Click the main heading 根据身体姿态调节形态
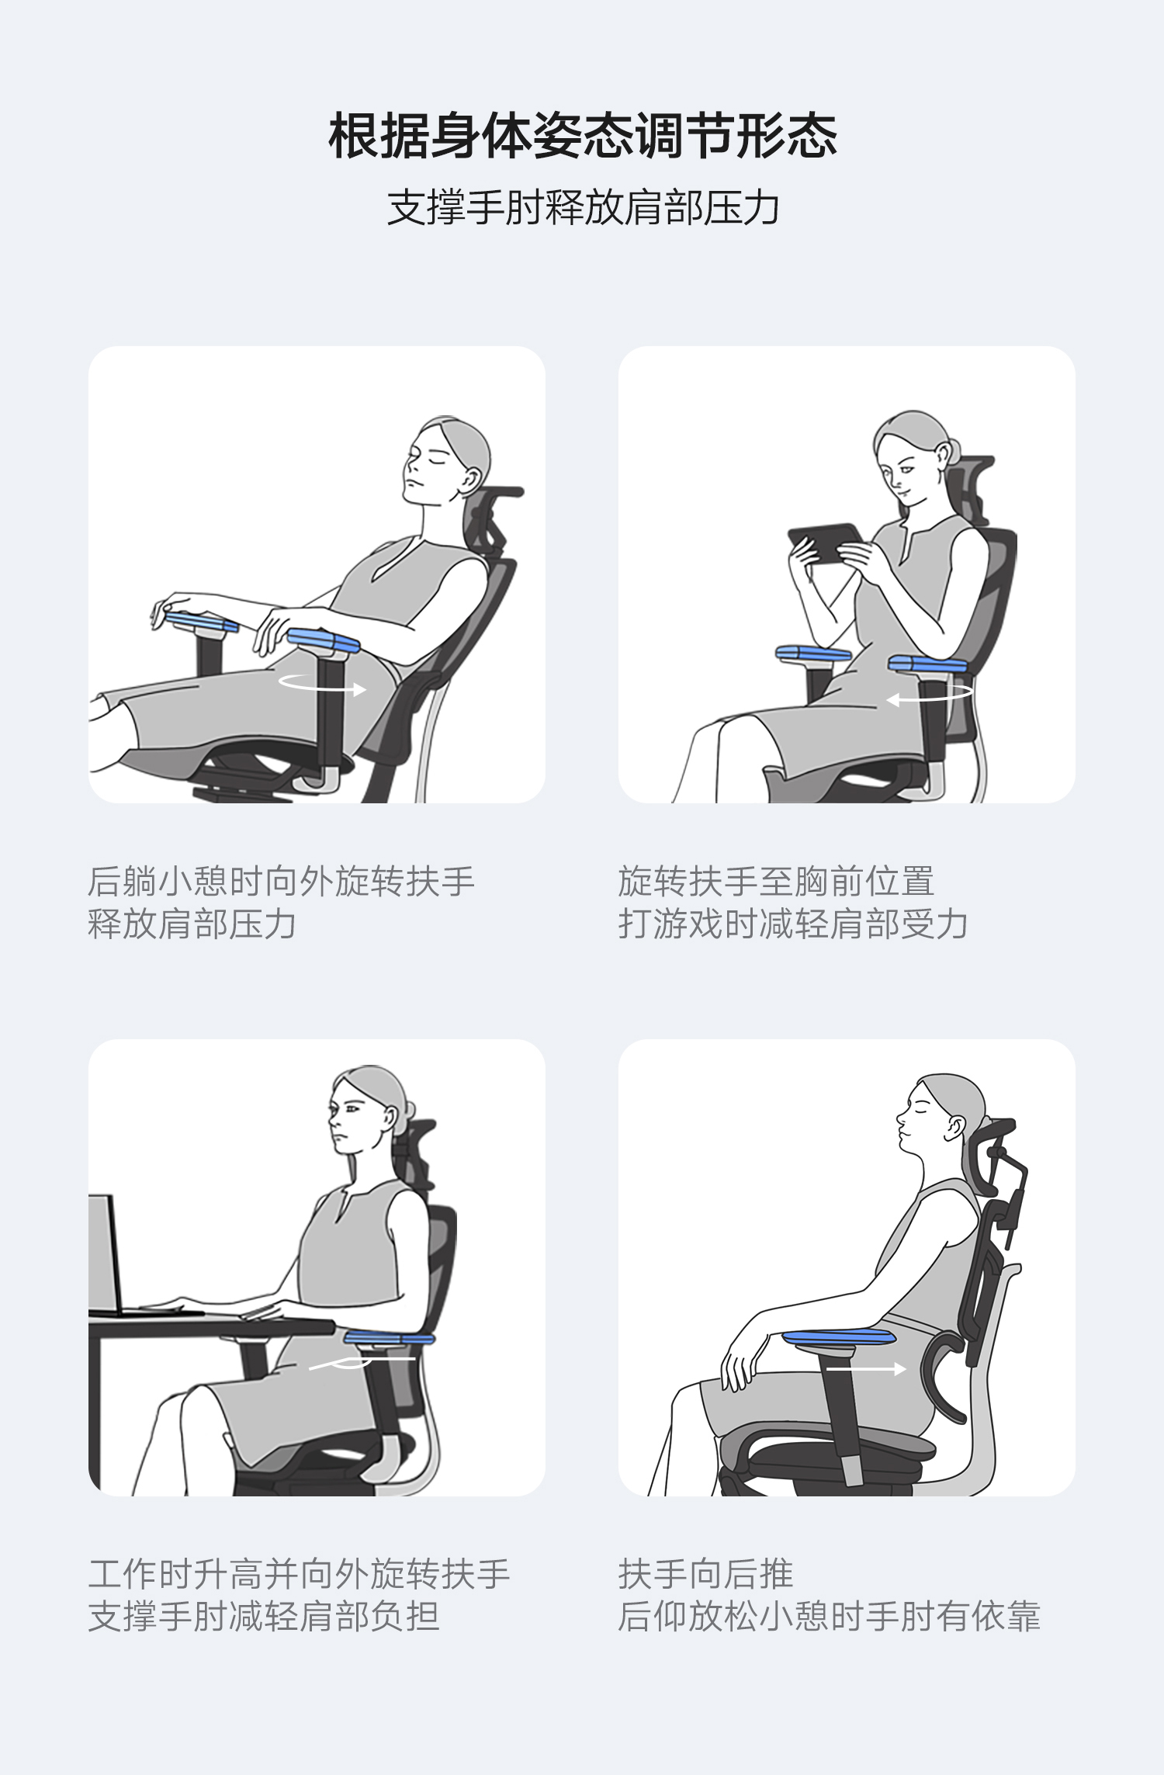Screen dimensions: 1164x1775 click(x=583, y=136)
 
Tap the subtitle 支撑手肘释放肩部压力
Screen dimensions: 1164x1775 click(x=583, y=207)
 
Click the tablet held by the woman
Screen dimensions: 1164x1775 click(x=825, y=542)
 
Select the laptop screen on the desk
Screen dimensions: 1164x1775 click(x=104, y=1253)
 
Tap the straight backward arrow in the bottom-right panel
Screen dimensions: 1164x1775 click(x=866, y=1369)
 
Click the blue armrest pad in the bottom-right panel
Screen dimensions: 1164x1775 click(x=839, y=1337)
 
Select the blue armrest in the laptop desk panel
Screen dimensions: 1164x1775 click(x=389, y=1337)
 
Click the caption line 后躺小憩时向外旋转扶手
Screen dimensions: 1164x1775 click(x=281, y=881)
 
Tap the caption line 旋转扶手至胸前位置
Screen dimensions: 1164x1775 click(x=776, y=881)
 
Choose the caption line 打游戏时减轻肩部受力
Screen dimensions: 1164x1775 click(x=793, y=924)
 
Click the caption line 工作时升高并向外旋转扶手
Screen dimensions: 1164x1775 click(x=299, y=1574)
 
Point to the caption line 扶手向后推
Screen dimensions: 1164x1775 click(x=705, y=1574)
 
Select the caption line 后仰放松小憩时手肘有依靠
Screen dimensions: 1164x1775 click(x=829, y=1617)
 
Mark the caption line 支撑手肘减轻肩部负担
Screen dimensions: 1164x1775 click(x=264, y=1617)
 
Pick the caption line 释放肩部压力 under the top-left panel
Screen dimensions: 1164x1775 click(x=192, y=924)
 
